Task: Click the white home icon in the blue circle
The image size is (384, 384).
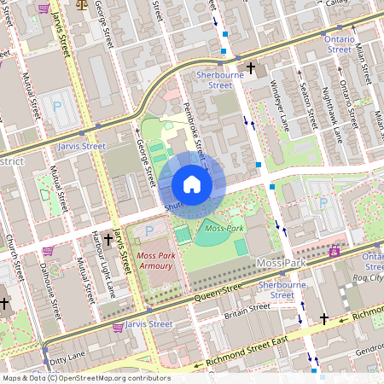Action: (192, 184)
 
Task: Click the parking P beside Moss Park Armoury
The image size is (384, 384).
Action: (149, 231)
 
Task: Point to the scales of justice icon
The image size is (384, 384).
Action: (82, 3)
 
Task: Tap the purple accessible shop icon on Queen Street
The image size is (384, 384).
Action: (335, 252)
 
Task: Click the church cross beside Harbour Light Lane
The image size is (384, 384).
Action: (107, 240)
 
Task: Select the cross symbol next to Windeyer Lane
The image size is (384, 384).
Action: (251, 66)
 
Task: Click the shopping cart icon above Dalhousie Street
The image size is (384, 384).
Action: (49, 251)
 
